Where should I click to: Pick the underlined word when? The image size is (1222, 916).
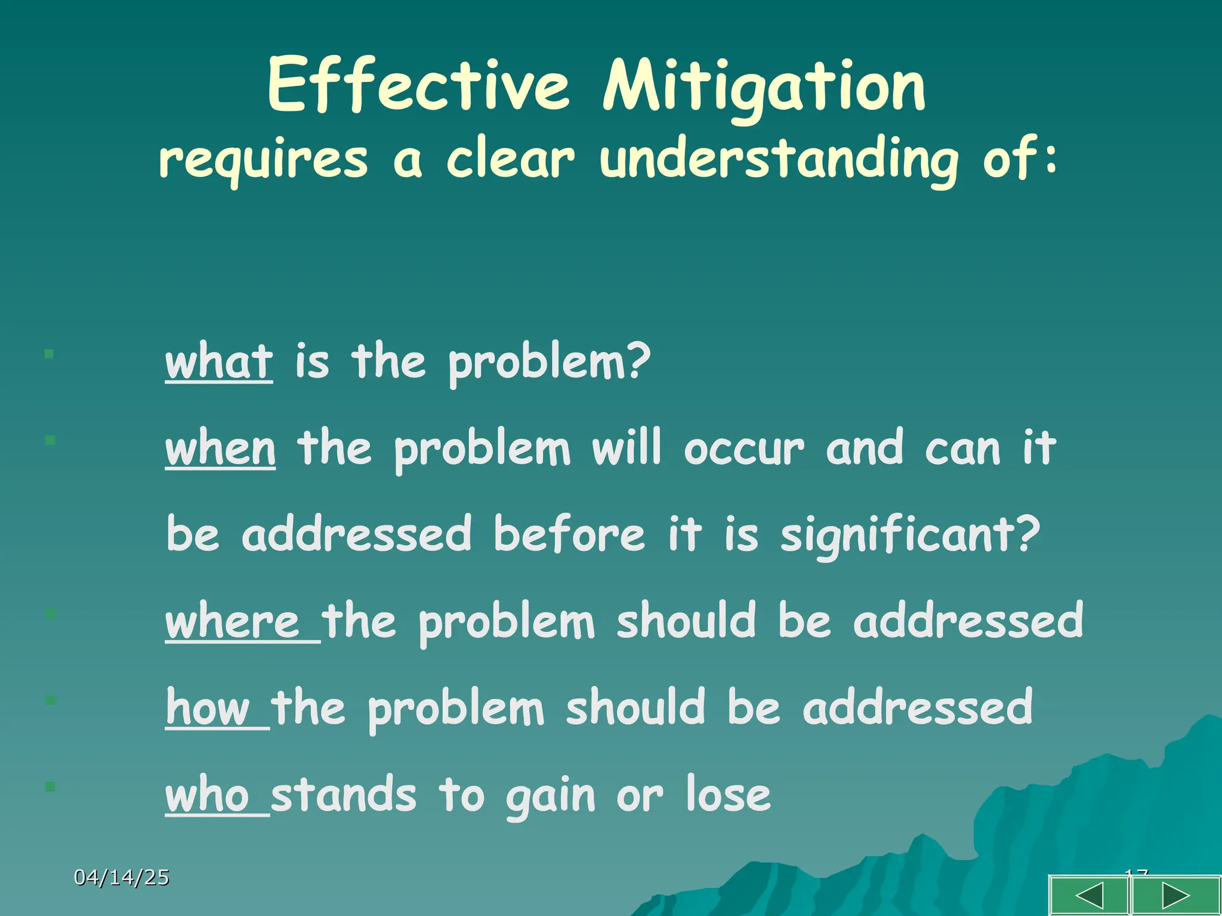coord(220,448)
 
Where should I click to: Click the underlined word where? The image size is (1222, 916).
coord(233,621)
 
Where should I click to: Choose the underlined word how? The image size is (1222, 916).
coord(208,708)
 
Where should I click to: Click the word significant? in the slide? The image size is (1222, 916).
coord(910,534)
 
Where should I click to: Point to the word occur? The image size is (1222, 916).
coord(743,448)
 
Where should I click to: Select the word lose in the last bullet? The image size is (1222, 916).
coord(728,795)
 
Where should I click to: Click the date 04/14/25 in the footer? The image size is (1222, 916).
coord(122,877)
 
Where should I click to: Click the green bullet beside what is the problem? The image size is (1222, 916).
coord(50,354)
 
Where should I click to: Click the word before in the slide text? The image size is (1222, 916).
coord(569,534)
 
